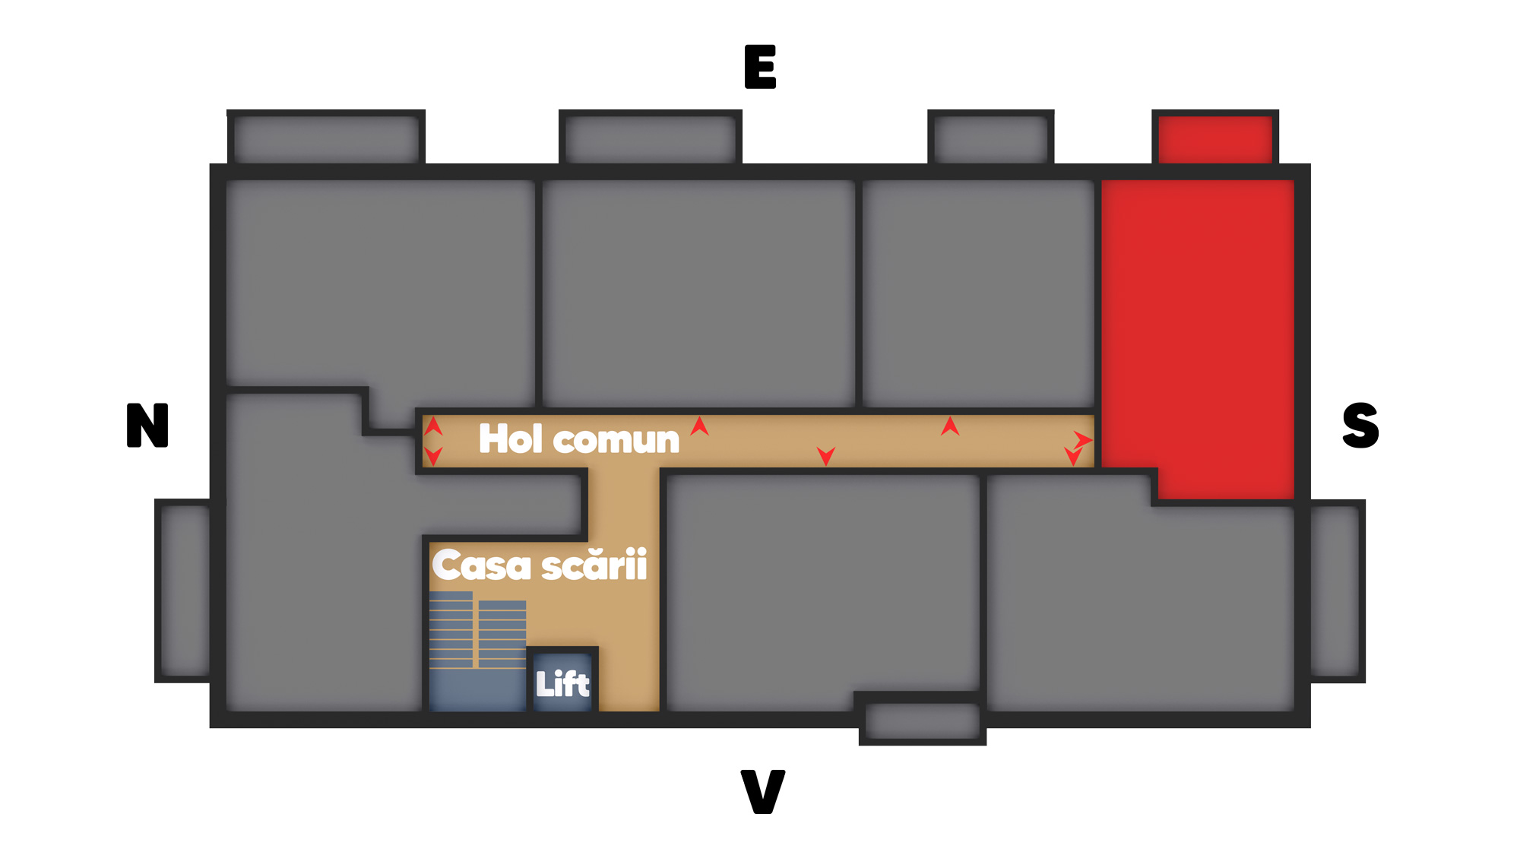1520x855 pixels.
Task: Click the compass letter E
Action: coord(760,67)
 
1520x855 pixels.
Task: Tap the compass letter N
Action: coord(147,425)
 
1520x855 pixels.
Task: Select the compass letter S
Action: coord(1360,425)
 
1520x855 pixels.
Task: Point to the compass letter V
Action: coord(762,791)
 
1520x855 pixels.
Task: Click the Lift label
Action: coord(562,684)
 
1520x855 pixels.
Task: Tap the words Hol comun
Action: coord(579,439)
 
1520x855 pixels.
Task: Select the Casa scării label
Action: coord(540,565)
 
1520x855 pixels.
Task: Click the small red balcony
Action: coord(1214,138)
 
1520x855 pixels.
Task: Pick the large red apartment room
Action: coord(1197,327)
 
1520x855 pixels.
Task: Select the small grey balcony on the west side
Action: coord(922,720)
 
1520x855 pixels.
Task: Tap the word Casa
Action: coord(481,565)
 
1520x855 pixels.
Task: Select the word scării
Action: coord(594,565)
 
